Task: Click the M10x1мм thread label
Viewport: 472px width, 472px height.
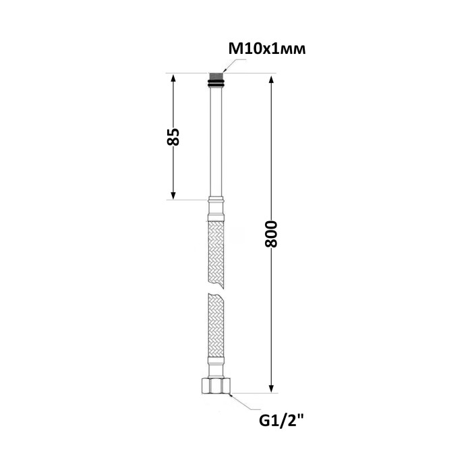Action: pyautogui.click(x=267, y=49)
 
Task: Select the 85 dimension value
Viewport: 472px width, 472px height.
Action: pyautogui.click(x=173, y=137)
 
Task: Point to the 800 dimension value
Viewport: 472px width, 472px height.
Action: pyautogui.click(x=271, y=234)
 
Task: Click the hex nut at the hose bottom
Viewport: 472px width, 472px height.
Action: pyautogui.click(x=216, y=386)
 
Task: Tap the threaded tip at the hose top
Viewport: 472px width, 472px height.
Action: pyautogui.click(x=216, y=76)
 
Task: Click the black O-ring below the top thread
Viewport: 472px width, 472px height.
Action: pyautogui.click(x=216, y=83)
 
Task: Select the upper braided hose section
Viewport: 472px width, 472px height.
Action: pyautogui.click(x=216, y=255)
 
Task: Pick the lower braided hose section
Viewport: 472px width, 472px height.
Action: pyautogui.click(x=216, y=324)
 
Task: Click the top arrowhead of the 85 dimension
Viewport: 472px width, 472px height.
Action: pyautogui.click(x=173, y=78)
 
